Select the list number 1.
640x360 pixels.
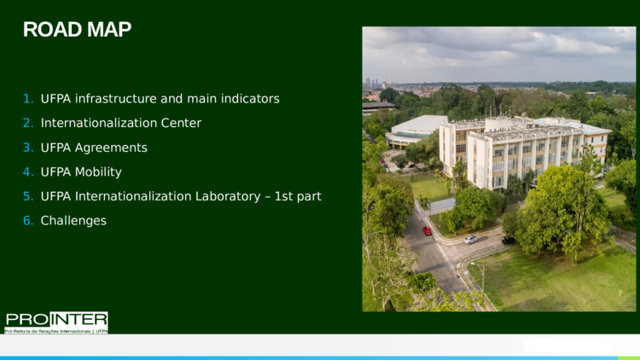pos(28,99)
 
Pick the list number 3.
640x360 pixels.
pos(28,148)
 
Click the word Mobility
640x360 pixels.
pos(98,172)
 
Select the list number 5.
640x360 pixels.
pos(28,196)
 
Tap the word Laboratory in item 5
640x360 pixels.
pos(228,196)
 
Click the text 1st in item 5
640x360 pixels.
pos(282,196)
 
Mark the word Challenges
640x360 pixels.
pos(73,221)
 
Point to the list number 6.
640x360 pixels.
pos(28,221)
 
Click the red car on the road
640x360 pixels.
pos(427,230)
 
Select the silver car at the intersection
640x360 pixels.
pos(470,240)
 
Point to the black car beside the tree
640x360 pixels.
pos(509,241)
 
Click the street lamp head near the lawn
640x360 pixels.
pos(473,264)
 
